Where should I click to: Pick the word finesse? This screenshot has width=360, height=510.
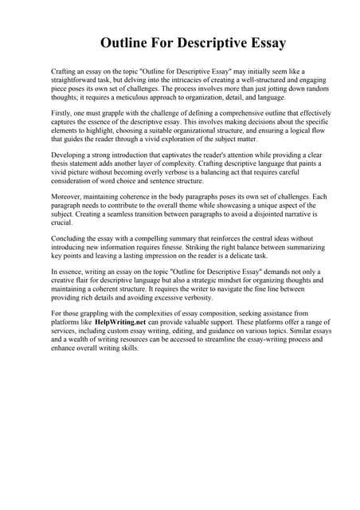182,248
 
